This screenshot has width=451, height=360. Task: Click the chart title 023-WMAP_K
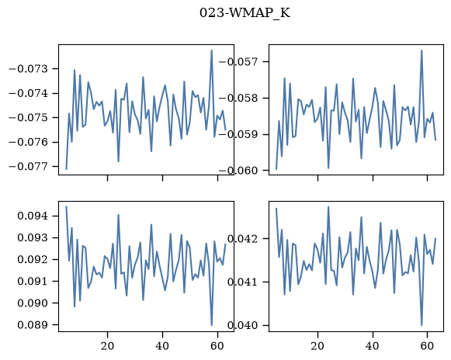click(245, 13)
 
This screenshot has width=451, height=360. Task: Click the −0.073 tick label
click(29, 69)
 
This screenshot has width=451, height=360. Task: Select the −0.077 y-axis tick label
click(29, 167)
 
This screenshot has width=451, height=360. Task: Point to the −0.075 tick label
click(29, 118)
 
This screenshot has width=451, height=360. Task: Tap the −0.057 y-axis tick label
click(238, 62)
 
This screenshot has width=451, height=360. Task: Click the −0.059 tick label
click(238, 134)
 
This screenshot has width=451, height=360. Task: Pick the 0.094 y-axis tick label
click(33, 216)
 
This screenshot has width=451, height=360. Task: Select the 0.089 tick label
click(33, 325)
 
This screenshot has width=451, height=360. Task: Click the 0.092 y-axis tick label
click(33, 260)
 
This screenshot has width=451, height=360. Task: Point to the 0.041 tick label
click(242, 282)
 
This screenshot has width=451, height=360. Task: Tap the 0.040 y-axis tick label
click(242, 326)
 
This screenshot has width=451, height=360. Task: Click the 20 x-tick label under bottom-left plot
click(107, 346)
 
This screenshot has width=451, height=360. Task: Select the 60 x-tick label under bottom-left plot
click(217, 346)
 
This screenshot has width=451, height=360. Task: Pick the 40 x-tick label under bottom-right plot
click(372, 346)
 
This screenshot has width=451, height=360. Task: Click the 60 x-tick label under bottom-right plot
click(427, 346)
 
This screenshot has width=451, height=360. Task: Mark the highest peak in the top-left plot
click(212, 50)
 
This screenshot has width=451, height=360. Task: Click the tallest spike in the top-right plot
click(422, 50)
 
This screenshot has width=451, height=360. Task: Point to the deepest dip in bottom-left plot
click(212, 325)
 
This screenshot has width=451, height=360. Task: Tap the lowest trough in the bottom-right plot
click(422, 325)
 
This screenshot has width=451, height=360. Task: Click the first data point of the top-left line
click(66, 169)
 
